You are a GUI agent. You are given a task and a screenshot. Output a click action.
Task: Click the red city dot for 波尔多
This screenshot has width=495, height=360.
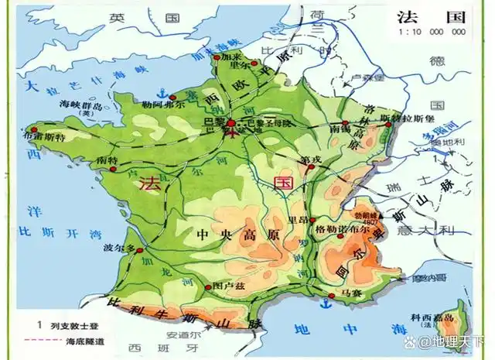pos(141,249)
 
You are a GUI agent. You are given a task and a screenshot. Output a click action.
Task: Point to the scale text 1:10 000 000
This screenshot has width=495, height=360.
pos(432,33)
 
